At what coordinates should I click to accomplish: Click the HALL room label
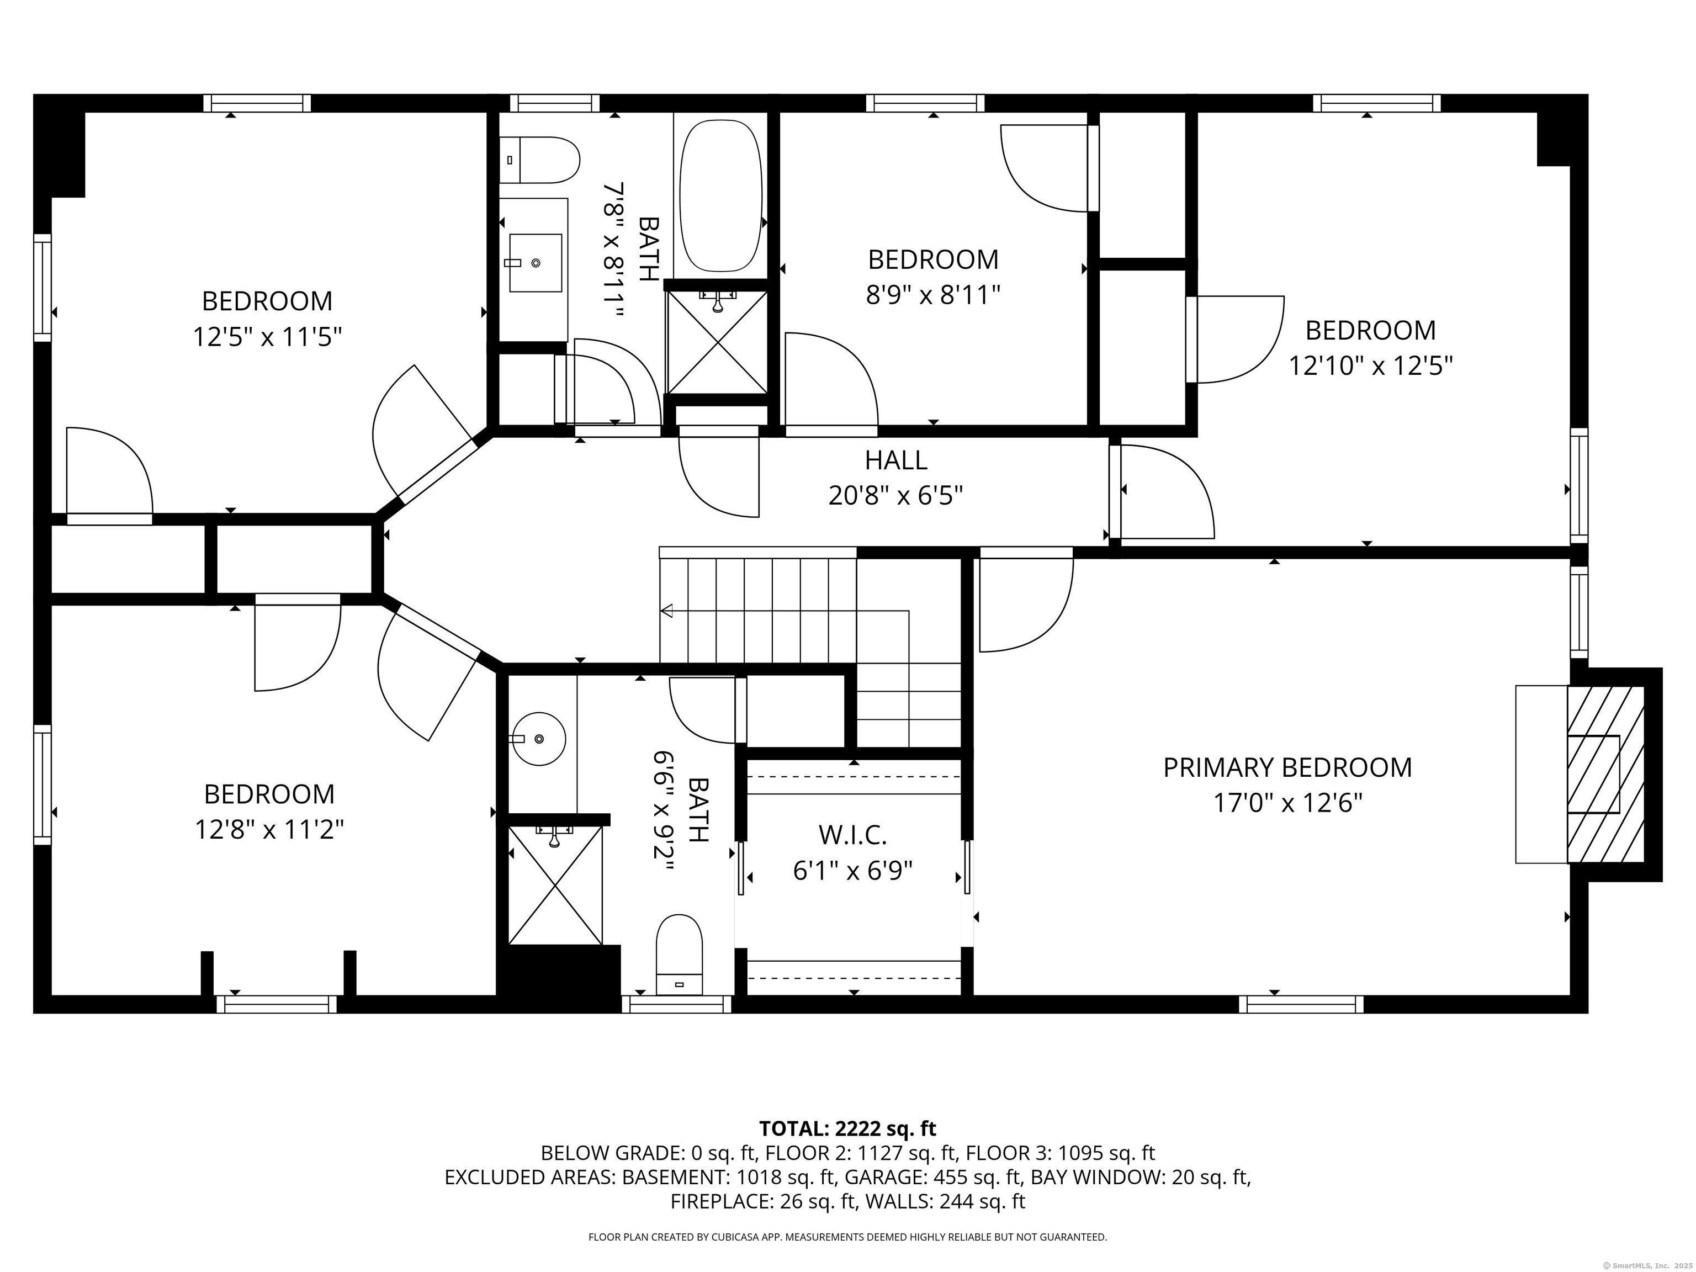point(895,460)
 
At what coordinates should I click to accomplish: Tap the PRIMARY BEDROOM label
point(1287,767)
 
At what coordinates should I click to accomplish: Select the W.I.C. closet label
point(852,835)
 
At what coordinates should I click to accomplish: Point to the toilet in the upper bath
point(539,160)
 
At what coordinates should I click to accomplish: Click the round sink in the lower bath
point(539,739)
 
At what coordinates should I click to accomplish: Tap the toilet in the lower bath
point(679,955)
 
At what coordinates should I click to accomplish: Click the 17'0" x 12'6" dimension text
point(1287,803)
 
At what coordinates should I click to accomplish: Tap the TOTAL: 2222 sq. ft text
point(847,1128)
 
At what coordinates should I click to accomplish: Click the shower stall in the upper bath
point(717,342)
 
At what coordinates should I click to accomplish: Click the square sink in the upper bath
point(535,263)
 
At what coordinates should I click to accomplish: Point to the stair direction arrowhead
point(666,611)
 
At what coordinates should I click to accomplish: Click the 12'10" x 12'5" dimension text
point(1370,365)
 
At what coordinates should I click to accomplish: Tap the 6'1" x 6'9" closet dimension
point(852,871)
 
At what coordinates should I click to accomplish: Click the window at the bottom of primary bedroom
point(1301,1004)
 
